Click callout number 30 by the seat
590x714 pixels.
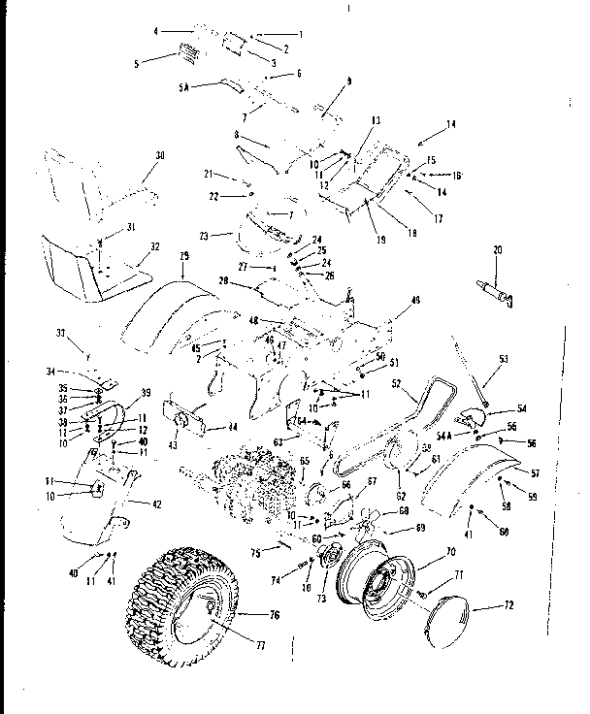[160, 154]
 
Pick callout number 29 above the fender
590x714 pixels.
[182, 254]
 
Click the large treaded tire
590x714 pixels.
[184, 606]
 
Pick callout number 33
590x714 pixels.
[61, 333]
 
